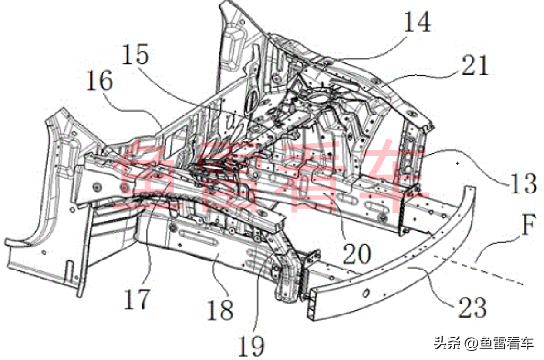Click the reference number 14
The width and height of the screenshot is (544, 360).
point(417,23)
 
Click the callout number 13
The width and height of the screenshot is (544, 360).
point(522,183)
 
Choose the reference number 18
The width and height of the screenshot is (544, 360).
point(219,309)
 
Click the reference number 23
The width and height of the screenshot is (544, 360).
point(471,307)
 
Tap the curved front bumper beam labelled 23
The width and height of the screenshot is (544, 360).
point(403,281)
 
